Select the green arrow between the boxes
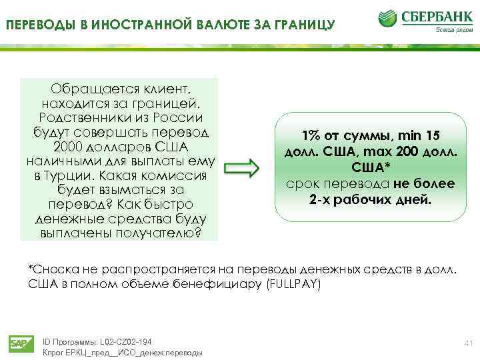(x=241, y=169)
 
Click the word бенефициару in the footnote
(x=225, y=283)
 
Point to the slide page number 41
(x=467, y=342)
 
